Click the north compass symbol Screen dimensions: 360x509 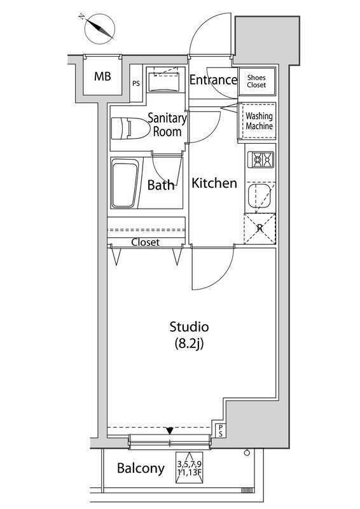(99, 29)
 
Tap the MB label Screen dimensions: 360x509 (102, 76)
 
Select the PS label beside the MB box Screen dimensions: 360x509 (136, 83)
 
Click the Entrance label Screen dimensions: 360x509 (213, 80)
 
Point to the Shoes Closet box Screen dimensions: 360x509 (257, 81)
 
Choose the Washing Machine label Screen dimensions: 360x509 (259, 121)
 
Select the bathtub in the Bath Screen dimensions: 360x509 (125, 183)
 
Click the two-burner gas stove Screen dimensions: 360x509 (261, 160)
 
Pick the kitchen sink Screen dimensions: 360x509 (259, 197)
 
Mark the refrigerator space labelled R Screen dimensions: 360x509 (260, 228)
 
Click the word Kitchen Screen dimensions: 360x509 (214, 183)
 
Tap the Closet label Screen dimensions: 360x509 (146, 242)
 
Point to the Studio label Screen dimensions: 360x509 (189, 327)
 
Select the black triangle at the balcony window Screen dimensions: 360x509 (170, 431)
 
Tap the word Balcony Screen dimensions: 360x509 (141, 468)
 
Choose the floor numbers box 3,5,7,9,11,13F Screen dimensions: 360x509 (190, 468)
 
